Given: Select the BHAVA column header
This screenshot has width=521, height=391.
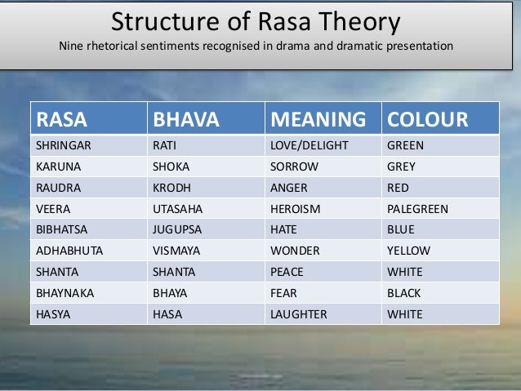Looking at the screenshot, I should pos(186,120).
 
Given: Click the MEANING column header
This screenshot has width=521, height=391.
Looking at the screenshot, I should pos(318,120).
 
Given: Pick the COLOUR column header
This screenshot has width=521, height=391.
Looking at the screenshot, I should pos(428,120).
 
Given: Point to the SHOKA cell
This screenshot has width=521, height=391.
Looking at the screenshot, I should pos(171,167).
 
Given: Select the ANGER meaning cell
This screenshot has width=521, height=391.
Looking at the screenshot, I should pos(288,188).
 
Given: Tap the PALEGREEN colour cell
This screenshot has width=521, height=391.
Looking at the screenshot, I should pos(417,209).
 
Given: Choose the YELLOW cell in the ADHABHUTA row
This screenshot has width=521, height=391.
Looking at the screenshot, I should pos(408,251).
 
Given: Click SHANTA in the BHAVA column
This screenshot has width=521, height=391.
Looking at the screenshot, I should pos(173,272).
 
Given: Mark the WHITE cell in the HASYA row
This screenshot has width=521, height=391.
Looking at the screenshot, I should pos(405,314).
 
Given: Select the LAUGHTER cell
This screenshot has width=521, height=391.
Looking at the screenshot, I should pos(298,314).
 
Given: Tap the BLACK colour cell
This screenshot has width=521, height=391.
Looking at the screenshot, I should pos(404,293).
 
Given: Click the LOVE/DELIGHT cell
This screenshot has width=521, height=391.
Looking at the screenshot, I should pos(309,145).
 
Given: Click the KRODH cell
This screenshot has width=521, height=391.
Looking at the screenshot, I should pos(171,188).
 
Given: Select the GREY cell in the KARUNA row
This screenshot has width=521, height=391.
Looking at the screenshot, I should pos(401,167).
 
